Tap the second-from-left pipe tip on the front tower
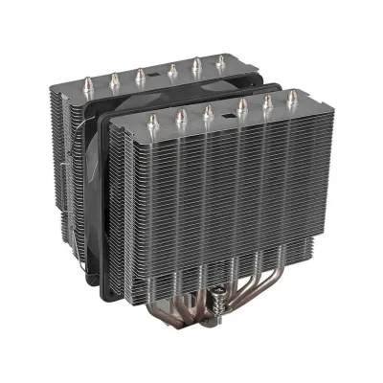180,116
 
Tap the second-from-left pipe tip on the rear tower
116,79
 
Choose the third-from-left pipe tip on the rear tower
140,74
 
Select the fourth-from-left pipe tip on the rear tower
172,69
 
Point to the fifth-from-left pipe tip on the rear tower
197,65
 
